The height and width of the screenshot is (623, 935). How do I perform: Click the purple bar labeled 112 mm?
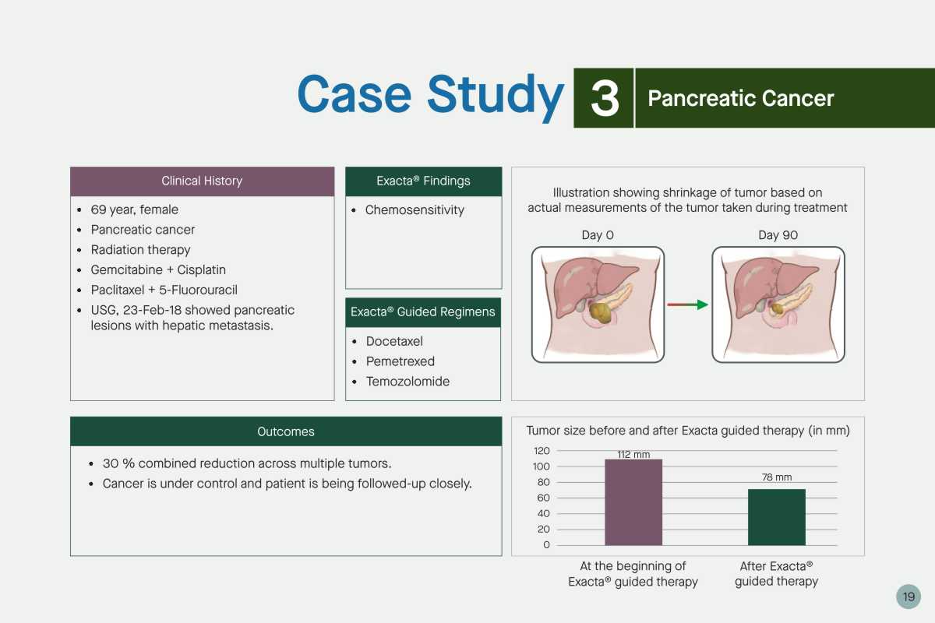tap(633, 502)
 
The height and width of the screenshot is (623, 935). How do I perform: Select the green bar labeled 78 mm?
tap(776, 517)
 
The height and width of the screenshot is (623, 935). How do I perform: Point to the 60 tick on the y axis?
tap(544, 498)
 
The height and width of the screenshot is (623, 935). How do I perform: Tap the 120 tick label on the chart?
tap(542, 451)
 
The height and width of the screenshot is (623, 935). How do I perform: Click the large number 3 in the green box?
tap(605, 98)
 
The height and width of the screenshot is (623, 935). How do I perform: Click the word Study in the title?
tap(496, 95)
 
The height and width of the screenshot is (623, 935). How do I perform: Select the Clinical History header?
tap(202, 181)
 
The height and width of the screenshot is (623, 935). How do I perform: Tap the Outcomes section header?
tap(286, 431)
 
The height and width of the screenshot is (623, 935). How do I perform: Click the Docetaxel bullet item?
tap(394, 341)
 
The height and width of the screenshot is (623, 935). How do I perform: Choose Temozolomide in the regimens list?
tap(408, 382)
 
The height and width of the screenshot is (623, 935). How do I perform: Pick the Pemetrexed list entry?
tap(400, 361)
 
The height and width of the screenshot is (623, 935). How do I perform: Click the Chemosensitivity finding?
tap(415, 210)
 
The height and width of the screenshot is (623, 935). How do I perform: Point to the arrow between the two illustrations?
tap(688, 304)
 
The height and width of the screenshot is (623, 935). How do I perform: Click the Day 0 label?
tap(598, 235)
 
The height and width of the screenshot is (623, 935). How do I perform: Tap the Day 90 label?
tap(778, 235)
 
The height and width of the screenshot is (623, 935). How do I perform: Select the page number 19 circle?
tap(909, 597)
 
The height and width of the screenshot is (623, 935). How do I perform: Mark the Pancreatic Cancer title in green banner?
tap(740, 98)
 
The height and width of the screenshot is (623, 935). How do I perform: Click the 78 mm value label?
tap(776, 477)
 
